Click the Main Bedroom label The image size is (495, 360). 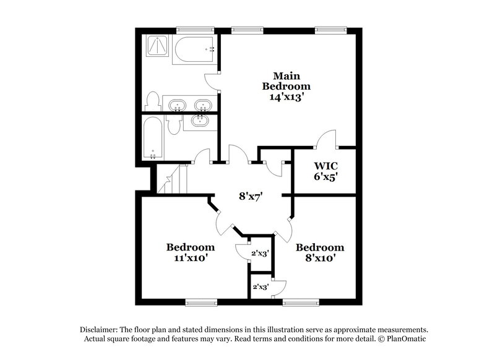tap(286, 80)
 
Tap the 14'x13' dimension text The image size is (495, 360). tap(286, 97)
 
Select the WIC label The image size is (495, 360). tap(325, 166)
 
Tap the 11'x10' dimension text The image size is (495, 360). tap(191, 259)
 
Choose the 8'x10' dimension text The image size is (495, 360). tap(319, 259)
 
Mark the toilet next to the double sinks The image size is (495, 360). tap(152, 101)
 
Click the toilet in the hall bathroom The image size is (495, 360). tap(174, 124)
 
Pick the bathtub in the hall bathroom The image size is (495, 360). tap(151, 139)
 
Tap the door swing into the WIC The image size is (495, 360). tap(325, 139)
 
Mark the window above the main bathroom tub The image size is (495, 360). tap(194, 29)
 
